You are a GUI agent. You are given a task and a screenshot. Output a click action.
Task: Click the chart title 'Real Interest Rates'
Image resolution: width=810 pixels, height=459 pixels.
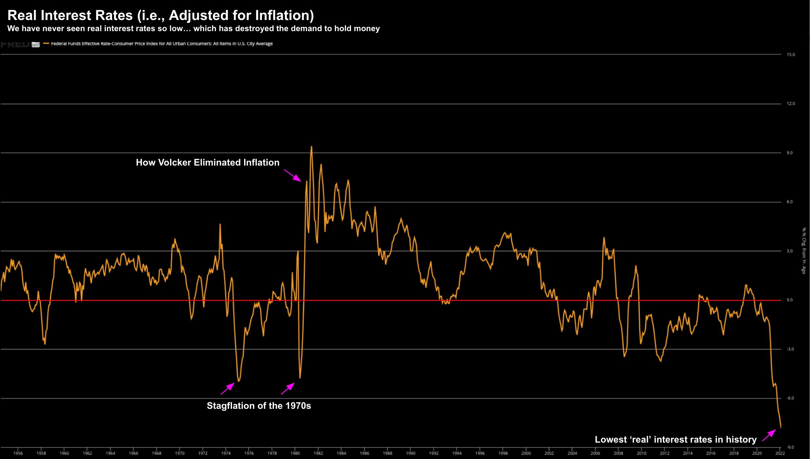tap(161, 15)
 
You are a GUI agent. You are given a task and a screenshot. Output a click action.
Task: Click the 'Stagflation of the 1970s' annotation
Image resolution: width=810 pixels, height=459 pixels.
tap(259, 406)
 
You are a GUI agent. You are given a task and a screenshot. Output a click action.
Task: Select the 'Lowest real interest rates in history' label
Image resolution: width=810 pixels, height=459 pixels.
tap(675, 440)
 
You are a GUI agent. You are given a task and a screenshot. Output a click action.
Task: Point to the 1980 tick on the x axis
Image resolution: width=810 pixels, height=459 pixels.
tap(295, 453)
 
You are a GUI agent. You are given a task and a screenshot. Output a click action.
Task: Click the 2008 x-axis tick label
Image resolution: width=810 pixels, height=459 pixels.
tap(618, 453)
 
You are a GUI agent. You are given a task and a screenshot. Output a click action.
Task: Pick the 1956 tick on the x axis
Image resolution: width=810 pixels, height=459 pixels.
tap(18, 453)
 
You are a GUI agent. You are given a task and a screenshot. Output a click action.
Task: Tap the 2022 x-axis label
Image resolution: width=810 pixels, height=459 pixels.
tap(780, 453)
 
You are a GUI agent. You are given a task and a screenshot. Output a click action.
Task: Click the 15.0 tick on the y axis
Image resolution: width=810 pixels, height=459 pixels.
tap(791, 55)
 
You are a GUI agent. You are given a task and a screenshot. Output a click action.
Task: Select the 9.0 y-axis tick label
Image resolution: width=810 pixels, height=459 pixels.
tap(790, 153)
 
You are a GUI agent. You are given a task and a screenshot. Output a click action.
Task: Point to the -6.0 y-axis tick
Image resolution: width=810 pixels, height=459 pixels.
tap(790, 398)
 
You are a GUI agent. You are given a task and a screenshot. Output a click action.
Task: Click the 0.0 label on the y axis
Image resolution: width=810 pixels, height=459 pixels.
tap(790, 300)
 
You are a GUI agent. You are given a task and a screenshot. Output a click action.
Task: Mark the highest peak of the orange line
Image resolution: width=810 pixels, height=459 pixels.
tap(311, 147)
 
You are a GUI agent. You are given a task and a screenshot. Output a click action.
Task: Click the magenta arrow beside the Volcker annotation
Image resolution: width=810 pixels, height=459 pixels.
tap(293, 175)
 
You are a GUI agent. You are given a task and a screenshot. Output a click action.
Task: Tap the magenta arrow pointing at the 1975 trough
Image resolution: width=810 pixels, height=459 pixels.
tap(228, 389)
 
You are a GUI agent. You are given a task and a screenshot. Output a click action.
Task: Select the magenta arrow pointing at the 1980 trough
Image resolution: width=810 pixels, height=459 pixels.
tap(288, 389)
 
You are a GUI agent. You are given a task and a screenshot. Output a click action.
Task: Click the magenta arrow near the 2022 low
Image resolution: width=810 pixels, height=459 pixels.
tap(769, 435)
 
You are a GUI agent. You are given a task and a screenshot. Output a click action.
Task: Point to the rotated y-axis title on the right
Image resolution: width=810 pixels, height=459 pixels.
tap(803, 250)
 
